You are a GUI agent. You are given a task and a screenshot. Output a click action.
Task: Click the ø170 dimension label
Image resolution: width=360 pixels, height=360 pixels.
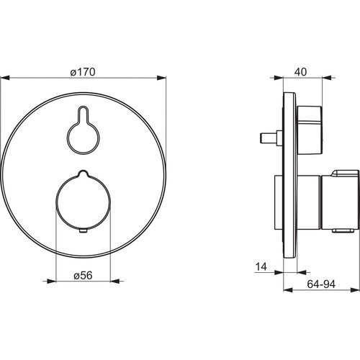[83, 72]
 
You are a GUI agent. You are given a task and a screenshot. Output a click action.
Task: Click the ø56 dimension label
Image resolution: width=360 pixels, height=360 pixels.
[83, 275]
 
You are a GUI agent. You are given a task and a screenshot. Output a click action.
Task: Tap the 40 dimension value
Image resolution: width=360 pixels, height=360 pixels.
[300, 72]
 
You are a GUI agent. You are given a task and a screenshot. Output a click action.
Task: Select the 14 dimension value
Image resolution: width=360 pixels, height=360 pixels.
[261, 266]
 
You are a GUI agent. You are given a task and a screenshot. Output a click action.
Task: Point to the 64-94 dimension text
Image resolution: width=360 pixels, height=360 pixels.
[321, 284]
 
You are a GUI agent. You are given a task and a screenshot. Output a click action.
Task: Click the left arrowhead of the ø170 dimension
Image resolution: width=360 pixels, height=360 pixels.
[5, 78]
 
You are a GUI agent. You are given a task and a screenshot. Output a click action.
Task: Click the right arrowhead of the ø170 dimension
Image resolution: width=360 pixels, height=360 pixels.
[161, 78]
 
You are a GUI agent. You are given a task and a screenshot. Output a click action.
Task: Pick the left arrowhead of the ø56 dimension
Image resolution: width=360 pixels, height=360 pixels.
[51, 281]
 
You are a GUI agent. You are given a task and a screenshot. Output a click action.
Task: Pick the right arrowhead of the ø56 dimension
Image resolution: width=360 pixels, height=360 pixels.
[114, 281]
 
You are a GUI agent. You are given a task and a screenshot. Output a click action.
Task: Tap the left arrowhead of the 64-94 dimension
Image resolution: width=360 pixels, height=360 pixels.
[288, 290]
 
